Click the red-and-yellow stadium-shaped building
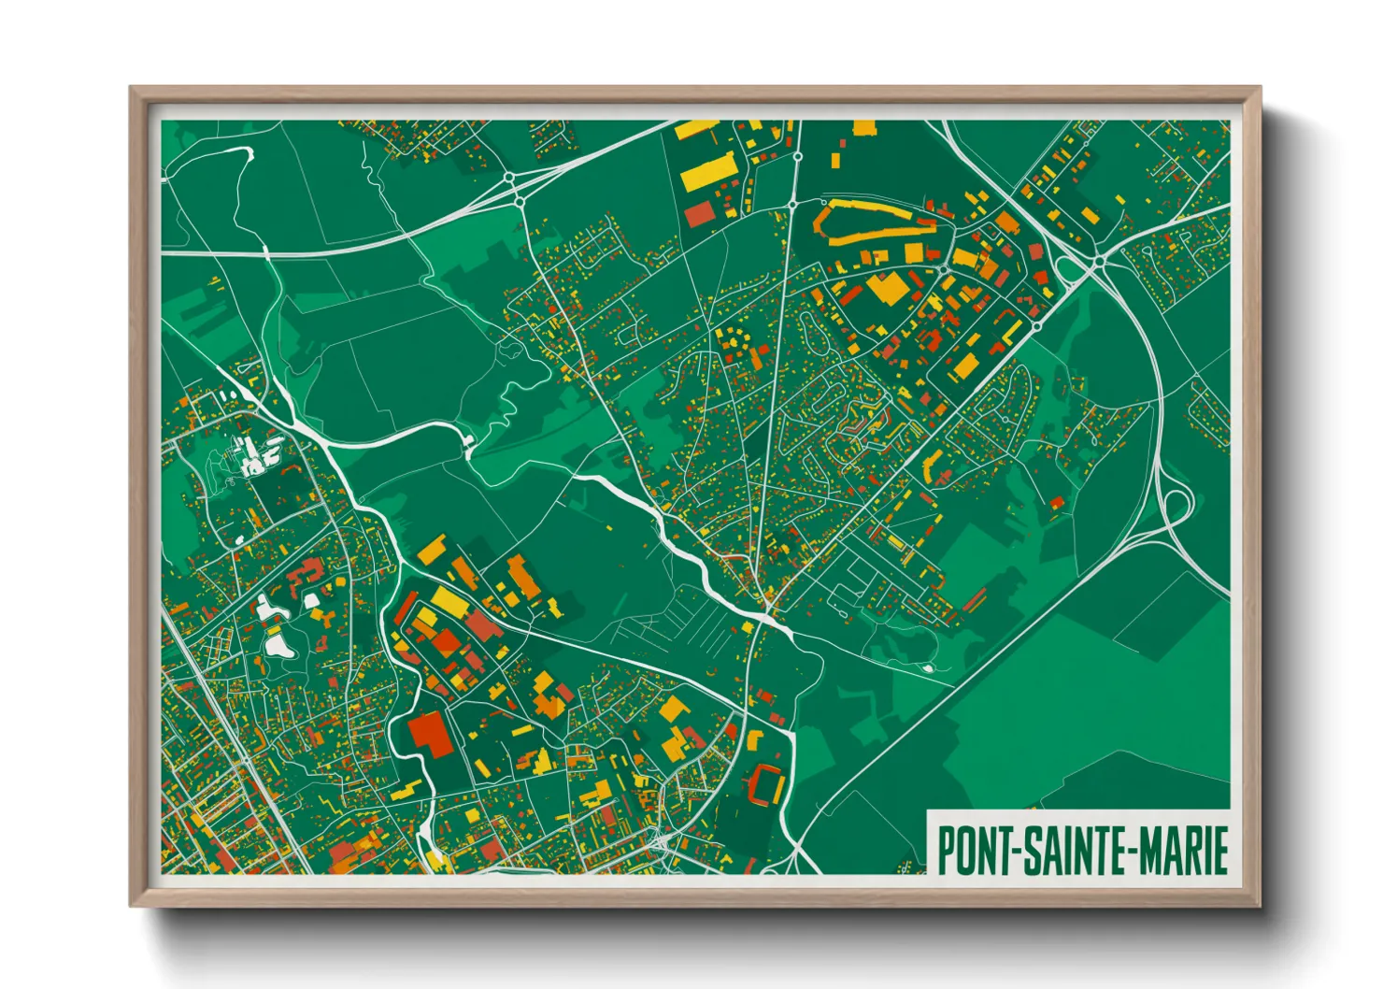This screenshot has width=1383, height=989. tap(765, 784)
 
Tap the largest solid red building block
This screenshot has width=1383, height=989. tap(430, 731)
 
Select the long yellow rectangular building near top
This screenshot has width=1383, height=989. tap(707, 174)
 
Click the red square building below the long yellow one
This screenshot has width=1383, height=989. tap(699, 215)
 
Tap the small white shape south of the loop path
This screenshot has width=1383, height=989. tap(927, 667)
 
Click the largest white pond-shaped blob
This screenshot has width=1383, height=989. tap(278, 644)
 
